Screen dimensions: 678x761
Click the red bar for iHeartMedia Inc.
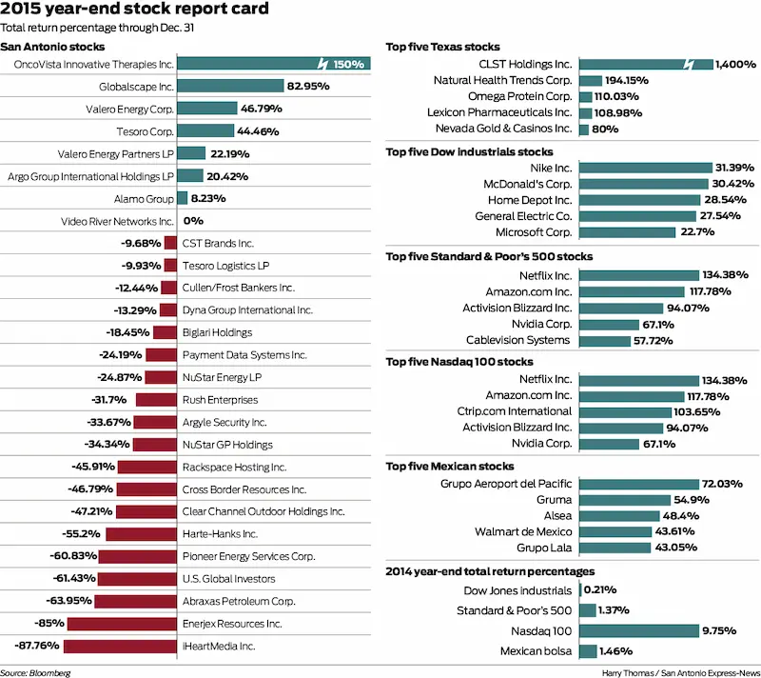click(121, 646)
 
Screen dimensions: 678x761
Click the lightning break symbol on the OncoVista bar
click(324, 64)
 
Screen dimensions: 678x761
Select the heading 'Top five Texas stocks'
click(442, 47)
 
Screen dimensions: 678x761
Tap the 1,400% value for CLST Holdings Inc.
click(737, 64)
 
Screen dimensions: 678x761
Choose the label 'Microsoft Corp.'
click(534, 232)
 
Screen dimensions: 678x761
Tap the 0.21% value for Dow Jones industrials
click(600, 589)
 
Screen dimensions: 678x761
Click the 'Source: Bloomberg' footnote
click(35, 672)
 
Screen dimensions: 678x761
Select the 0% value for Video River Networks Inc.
click(194, 221)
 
